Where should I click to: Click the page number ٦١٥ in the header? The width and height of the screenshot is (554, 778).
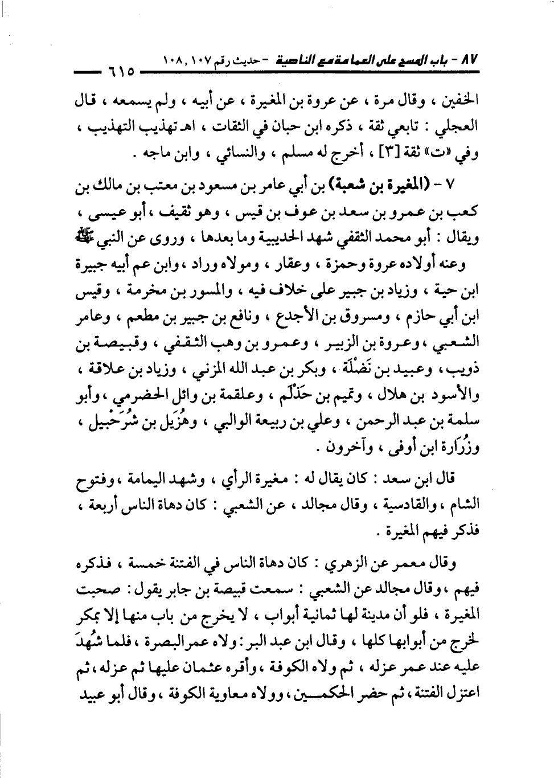121,73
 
